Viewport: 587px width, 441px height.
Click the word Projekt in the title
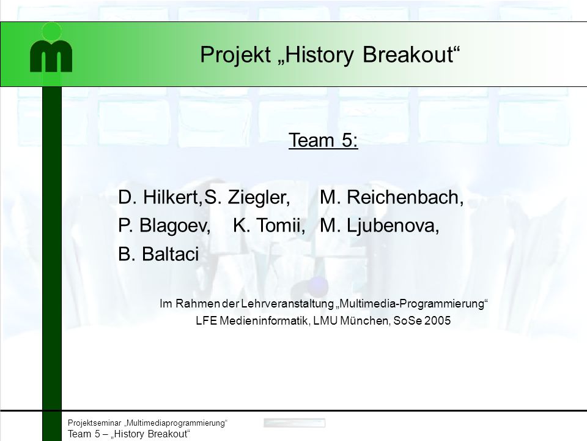tap(235, 55)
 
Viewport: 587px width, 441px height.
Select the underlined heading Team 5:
tap(323, 140)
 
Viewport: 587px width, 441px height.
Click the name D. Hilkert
tap(160, 197)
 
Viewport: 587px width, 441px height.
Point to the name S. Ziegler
tap(247, 197)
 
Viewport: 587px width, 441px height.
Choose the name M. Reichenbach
tap(391, 197)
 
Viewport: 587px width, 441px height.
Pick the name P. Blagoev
tap(164, 226)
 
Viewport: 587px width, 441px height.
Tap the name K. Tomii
tap(269, 226)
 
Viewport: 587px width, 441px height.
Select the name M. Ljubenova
tap(379, 226)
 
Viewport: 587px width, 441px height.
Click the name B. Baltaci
tap(158, 254)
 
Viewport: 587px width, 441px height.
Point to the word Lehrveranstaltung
tap(287, 303)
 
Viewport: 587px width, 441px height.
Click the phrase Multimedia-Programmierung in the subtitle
tap(412, 303)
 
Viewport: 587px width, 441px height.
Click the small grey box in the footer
tap(294, 423)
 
